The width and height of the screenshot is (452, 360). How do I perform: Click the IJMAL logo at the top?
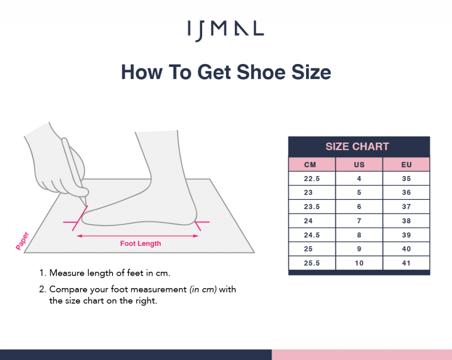pos(226,30)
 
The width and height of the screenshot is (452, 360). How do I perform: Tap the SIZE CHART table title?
pos(357,146)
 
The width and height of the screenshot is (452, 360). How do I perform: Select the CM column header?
pos(310,165)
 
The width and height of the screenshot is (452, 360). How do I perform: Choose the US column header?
pos(359,165)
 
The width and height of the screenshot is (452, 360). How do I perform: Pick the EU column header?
pos(407,165)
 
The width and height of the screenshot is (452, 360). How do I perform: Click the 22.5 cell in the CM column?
pos(312,179)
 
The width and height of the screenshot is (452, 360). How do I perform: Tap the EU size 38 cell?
pos(407,221)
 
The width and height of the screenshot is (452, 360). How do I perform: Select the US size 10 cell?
pos(359,263)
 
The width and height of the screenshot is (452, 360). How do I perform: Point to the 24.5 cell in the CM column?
pos(312,235)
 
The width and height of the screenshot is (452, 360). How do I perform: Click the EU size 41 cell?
pos(407,263)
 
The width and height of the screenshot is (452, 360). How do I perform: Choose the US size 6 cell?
pos(359,207)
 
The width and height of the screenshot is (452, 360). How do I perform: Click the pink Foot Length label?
pos(140,244)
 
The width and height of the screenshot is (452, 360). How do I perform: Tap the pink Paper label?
pos(22,241)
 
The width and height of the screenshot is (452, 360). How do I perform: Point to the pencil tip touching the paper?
pos(86,206)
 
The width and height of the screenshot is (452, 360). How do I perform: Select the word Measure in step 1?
pos(67,273)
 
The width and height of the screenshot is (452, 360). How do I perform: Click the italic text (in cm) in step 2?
pos(203,289)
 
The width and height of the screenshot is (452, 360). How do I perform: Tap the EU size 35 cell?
pos(407,179)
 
